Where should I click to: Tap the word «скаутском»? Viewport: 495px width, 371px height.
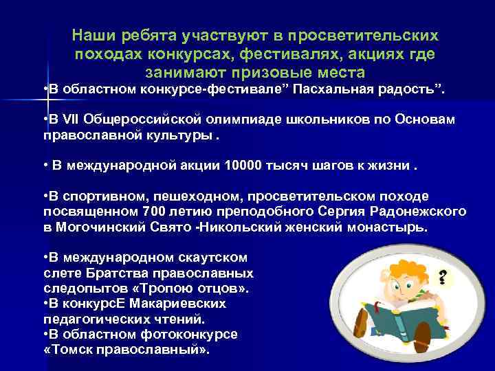click(206, 258)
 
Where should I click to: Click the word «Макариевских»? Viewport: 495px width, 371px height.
click(181, 303)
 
